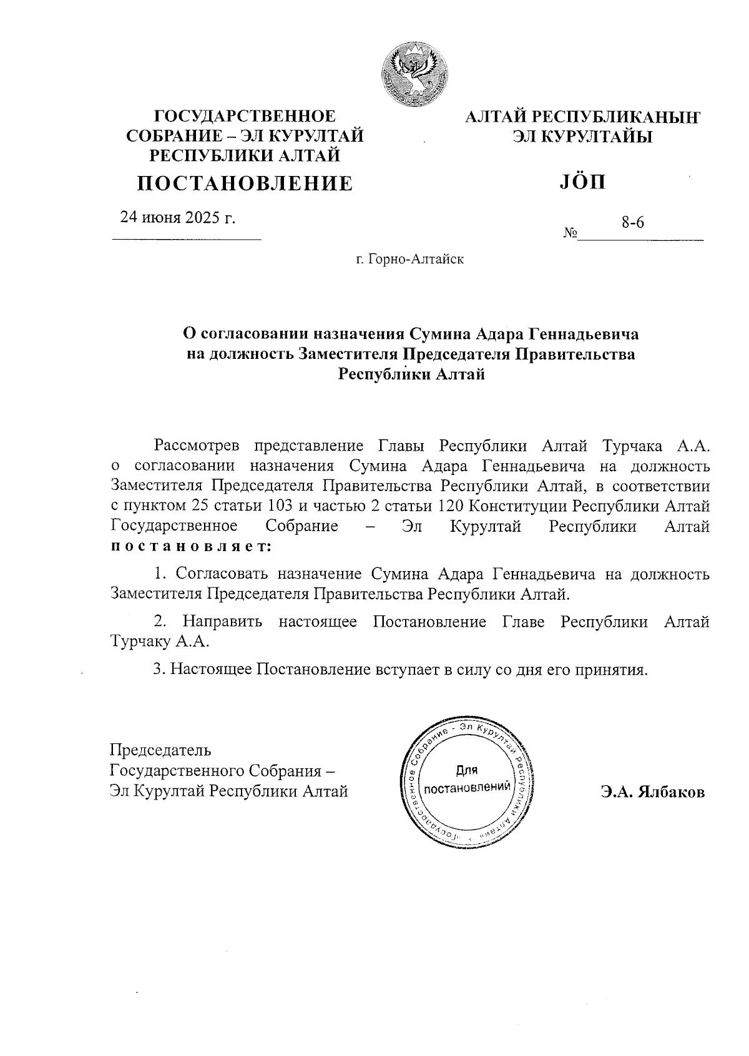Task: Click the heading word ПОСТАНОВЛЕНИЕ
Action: click(245, 183)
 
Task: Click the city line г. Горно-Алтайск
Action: click(409, 258)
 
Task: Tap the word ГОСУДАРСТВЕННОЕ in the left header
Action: click(245, 116)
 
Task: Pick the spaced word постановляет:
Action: click(191, 546)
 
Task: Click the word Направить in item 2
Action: click(223, 622)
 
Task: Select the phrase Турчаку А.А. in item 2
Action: click(160, 642)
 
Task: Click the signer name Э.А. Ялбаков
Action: click(653, 793)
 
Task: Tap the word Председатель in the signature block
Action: click(160, 750)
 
